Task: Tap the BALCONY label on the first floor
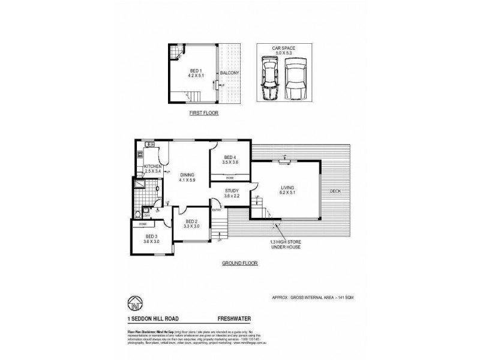pos(229,73)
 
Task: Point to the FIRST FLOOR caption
pos(203,113)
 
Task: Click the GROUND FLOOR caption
pos(240,263)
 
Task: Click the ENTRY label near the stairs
pos(216,209)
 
